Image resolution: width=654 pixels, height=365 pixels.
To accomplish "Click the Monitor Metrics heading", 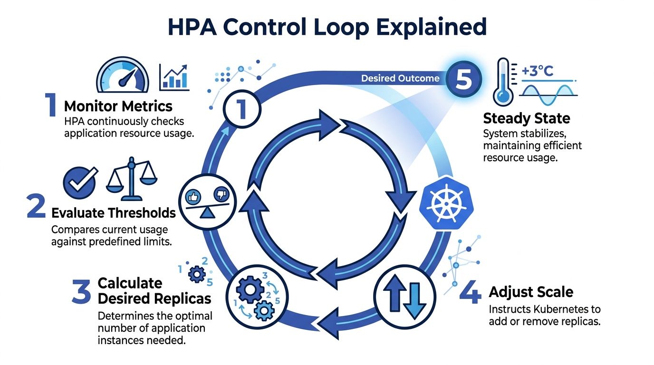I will coord(118,106).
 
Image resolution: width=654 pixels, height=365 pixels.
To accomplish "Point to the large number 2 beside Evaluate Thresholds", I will coord(37,209).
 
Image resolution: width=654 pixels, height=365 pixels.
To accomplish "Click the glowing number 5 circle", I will coord(463,79).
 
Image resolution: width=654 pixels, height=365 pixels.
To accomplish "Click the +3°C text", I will coord(538,71).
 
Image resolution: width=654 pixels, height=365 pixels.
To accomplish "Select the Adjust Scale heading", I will coord(531,291).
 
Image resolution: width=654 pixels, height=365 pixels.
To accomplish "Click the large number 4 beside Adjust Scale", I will coord(470,293).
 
